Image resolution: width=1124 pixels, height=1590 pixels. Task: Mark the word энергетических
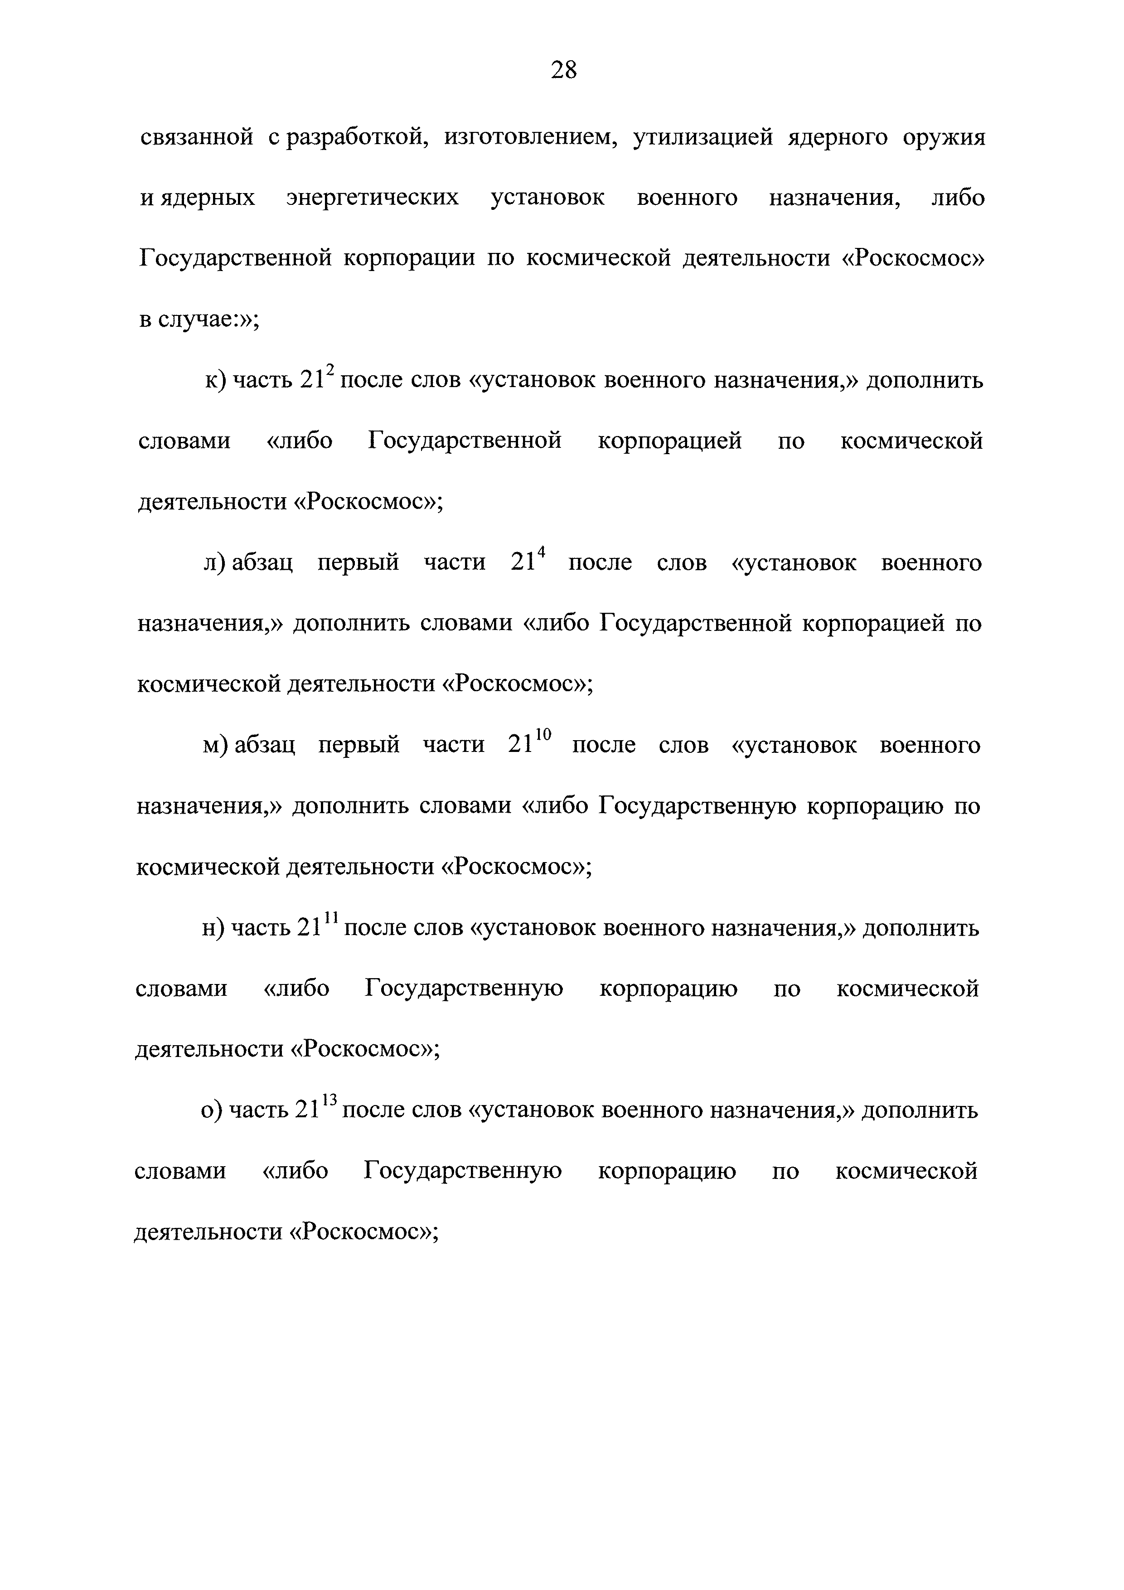tap(373, 198)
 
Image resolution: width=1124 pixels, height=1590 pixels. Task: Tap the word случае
tap(196, 320)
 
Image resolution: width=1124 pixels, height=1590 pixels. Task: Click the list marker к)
tap(216, 381)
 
